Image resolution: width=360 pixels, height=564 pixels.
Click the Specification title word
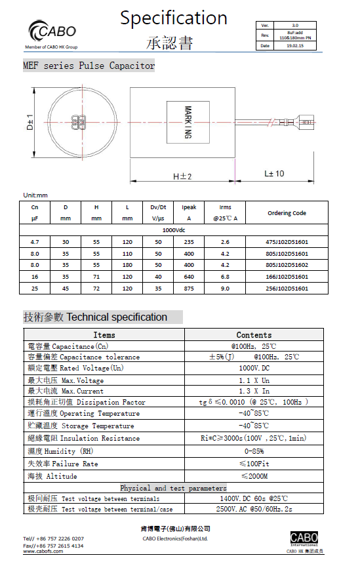[173, 18]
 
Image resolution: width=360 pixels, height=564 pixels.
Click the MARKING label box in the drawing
[188, 123]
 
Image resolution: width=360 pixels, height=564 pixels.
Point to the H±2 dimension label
[182, 176]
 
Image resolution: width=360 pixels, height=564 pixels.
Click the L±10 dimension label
[274, 174]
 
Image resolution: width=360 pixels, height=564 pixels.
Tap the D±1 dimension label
[30, 122]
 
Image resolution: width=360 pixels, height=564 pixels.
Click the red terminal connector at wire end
[306, 121]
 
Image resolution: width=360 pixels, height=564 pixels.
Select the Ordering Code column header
[287, 213]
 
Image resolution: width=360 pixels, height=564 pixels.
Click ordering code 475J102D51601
[287, 241]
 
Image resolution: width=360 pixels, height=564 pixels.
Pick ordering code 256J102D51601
[287, 288]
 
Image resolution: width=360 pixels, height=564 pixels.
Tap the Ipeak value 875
[190, 288]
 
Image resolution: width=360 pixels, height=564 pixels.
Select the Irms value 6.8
[225, 276]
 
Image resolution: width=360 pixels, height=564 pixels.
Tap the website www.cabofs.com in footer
[43, 552]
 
